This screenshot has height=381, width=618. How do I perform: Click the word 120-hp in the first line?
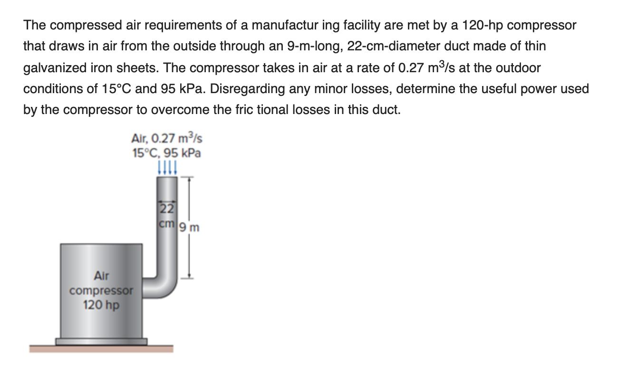483,25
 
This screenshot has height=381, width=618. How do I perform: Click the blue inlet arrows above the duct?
167,168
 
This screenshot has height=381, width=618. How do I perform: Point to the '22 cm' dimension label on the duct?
167,215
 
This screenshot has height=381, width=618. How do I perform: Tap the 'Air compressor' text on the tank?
101,283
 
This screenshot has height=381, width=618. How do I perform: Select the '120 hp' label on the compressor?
101,305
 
